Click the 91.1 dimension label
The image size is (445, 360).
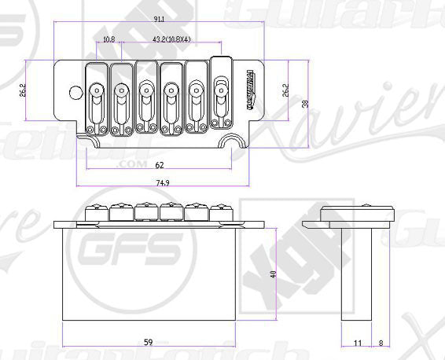click(x=160, y=19)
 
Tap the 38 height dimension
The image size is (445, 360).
click(x=306, y=103)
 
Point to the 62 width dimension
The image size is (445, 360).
click(x=160, y=165)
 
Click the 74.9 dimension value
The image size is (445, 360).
click(x=163, y=182)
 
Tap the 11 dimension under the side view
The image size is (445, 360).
click(x=359, y=343)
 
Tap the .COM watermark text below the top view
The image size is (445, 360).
click(x=126, y=165)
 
